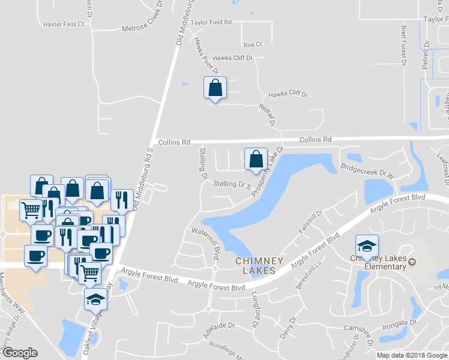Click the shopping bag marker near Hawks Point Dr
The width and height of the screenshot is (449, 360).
pos(215,88)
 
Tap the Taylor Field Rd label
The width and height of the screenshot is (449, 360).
pos(211,22)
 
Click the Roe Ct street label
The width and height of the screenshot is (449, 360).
pos(253,44)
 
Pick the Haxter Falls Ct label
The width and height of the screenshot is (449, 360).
pos(64,25)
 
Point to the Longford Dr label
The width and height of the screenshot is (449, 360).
pos(254,308)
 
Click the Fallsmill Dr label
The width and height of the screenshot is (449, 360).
pos(311,222)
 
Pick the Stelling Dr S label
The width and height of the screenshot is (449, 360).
pos(231,184)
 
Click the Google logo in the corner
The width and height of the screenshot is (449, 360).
pos(20,352)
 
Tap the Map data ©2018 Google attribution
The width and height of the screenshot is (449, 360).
pos(412,355)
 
